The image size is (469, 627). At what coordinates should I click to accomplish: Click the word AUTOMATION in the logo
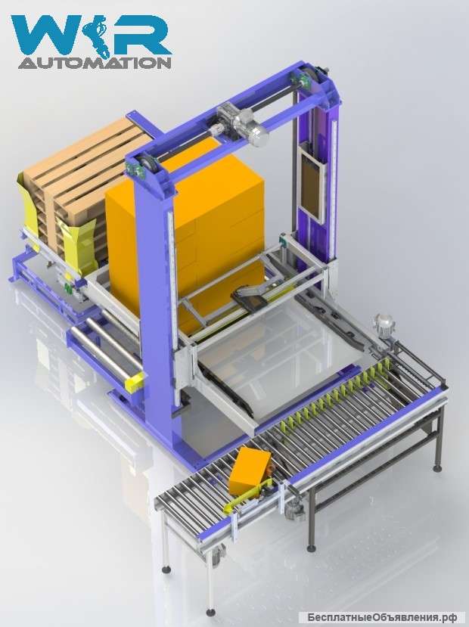click(x=95, y=63)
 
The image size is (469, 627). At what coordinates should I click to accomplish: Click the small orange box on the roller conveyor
click(x=250, y=470)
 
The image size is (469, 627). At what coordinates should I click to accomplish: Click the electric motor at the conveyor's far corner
click(x=383, y=327)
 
